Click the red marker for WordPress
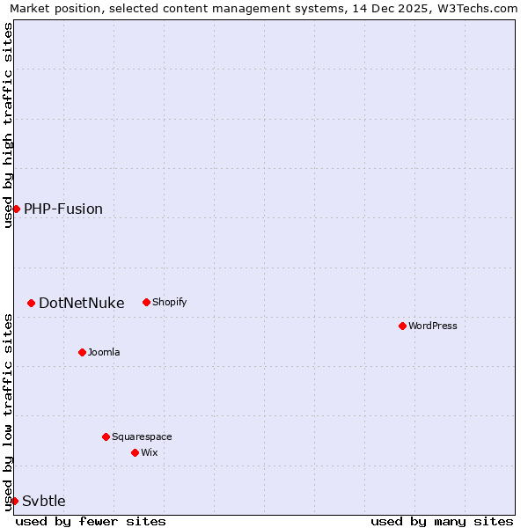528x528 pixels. click(402, 326)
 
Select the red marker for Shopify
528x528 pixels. click(146, 302)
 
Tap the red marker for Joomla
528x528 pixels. click(82, 352)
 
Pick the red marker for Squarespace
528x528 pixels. click(106, 436)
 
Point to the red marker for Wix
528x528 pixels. click(135, 452)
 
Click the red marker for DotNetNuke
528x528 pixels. click(31, 303)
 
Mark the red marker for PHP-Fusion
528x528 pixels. click(16, 209)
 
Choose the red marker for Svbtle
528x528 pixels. click(14, 501)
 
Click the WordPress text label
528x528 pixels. click(433, 326)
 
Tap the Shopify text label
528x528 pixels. click(170, 302)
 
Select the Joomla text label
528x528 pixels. click(104, 352)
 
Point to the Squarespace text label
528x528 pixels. click(142, 436)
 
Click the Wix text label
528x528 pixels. click(150, 452)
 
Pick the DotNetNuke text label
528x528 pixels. click(82, 303)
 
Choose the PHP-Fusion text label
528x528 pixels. click(63, 209)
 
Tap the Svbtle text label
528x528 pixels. click(44, 501)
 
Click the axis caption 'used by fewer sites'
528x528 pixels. click(91, 521)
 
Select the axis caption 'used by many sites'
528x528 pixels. click(442, 521)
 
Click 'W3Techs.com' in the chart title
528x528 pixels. click(477, 9)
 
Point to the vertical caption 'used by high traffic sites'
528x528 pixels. click(8, 125)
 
